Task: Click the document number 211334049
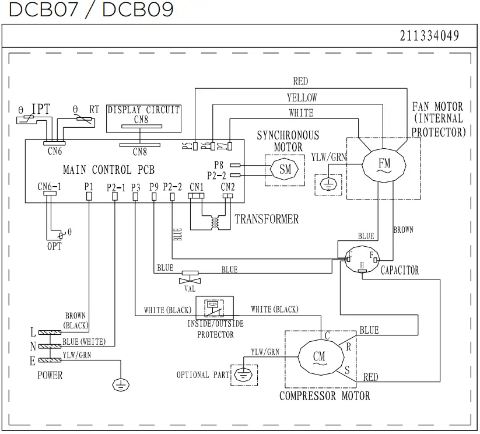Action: coord(429,36)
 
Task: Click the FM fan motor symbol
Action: coord(384,162)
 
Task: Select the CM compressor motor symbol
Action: coord(318,356)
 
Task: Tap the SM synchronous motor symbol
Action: coord(285,169)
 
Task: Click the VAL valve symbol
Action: coord(190,273)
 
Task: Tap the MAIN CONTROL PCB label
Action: coord(108,170)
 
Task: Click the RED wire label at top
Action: coord(300,82)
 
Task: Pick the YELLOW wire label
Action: coord(302,97)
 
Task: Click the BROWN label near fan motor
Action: coord(403,230)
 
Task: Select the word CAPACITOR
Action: coord(400,271)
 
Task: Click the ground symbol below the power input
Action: coord(120,383)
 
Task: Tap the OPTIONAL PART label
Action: coord(203,374)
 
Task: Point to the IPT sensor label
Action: coord(40,109)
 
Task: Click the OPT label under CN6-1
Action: coord(54,246)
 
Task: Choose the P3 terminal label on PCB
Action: coord(135,187)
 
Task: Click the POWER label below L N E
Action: coord(50,375)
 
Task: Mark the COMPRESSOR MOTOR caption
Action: coord(324,396)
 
